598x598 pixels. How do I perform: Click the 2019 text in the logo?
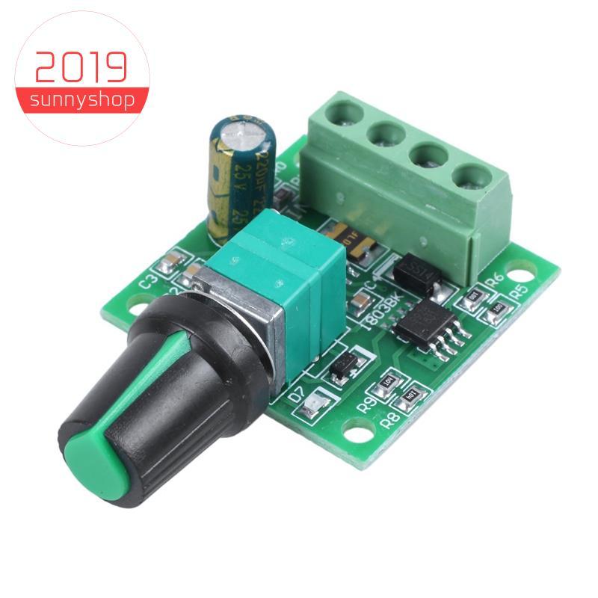[x=80, y=68]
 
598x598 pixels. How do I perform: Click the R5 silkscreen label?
[x=520, y=288]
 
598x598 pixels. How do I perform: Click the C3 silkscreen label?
[x=148, y=283]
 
